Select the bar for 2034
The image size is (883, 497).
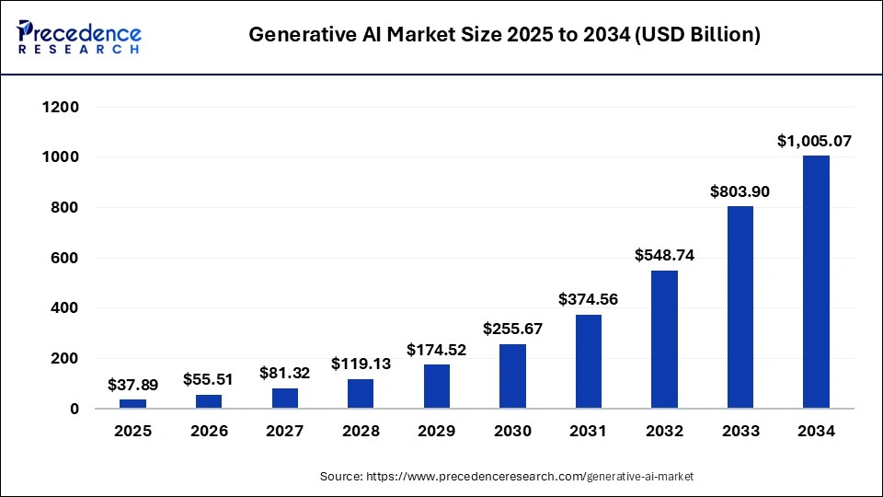816,282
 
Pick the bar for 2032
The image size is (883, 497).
664,339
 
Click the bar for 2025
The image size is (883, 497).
133,403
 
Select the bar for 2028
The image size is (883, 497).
361,393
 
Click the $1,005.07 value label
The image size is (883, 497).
816,141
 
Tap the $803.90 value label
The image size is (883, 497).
740,191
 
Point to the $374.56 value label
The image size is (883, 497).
589,299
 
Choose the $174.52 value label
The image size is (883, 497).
437,350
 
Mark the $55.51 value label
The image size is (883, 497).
209,379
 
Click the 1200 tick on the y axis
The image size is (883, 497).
61,108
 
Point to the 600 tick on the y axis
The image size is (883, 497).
64,259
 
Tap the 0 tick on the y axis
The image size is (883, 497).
74,409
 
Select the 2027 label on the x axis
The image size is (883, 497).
285,432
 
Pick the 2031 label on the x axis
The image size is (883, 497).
589,432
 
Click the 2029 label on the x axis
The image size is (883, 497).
437,432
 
